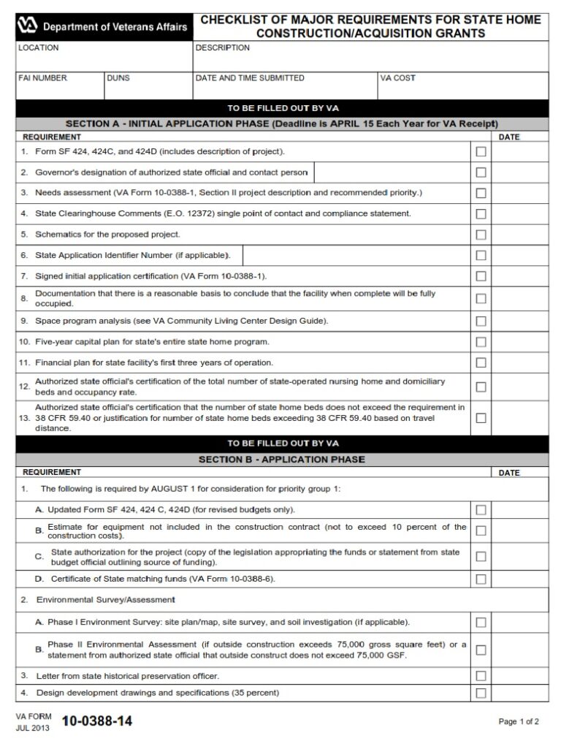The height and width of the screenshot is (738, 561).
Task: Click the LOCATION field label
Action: [39, 47]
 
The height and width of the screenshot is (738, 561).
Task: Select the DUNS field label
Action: [118, 77]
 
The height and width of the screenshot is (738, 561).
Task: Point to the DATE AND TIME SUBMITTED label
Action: [250, 77]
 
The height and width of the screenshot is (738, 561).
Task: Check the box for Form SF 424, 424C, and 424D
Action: [481, 152]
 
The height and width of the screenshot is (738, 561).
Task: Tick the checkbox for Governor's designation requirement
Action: [481, 172]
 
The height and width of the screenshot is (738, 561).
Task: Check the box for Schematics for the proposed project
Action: [481, 235]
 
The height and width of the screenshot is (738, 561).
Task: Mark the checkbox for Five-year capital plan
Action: [481, 342]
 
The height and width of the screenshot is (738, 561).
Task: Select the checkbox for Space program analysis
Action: [481, 321]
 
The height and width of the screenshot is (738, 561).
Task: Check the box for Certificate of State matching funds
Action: [481, 579]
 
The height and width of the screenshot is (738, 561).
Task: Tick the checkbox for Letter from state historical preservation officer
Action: [481, 676]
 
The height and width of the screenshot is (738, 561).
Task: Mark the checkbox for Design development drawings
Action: [481, 693]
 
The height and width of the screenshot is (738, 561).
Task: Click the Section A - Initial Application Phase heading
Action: [282, 123]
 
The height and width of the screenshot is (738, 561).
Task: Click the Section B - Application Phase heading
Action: [282, 460]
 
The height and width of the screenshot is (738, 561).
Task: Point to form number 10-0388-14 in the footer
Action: [97, 722]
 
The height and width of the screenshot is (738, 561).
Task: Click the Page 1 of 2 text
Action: [519, 722]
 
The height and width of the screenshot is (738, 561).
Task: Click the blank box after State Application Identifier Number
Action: [355, 255]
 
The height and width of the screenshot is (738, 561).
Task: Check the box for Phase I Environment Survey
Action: [481, 623]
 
